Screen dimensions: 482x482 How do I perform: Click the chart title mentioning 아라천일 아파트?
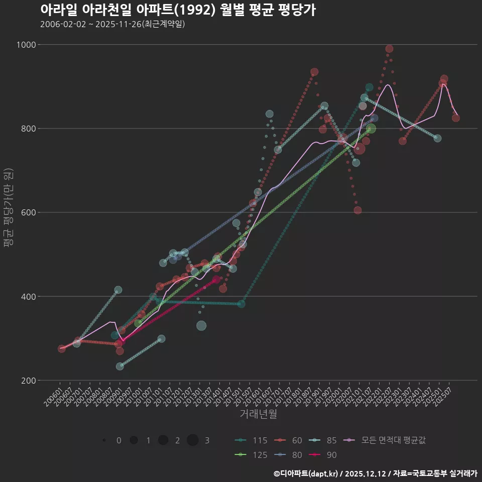178,10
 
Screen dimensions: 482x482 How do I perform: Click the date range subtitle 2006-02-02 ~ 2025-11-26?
112,24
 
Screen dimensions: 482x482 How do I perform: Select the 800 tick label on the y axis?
29,129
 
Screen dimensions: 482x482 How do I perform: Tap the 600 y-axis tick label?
29,212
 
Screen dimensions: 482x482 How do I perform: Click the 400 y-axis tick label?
29,296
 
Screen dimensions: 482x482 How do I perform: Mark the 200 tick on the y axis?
29,380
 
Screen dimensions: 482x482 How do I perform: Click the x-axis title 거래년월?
258,414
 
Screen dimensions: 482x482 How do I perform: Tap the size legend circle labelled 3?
193,440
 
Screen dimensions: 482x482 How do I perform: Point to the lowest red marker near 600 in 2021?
357,210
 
